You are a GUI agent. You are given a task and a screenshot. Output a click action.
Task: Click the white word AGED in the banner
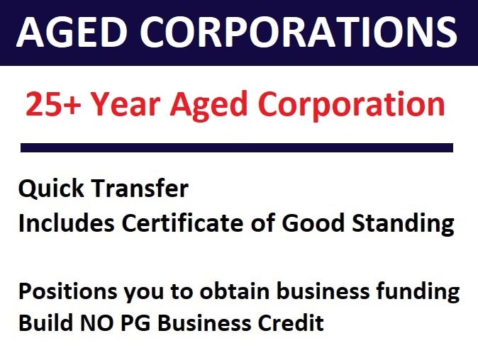coord(72,32)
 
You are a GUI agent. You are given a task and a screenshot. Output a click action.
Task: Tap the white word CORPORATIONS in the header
coord(299,32)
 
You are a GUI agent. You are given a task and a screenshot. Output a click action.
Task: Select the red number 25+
coord(53,104)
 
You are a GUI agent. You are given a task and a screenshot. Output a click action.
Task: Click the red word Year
coord(126,104)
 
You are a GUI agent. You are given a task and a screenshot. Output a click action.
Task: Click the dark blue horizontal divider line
coord(237,147)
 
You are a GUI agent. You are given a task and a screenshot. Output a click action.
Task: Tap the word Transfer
coord(140,189)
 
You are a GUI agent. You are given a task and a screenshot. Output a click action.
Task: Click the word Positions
coord(67,291)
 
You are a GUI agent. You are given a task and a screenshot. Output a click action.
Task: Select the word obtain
coord(235,291)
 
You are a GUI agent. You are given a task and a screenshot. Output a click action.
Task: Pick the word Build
coord(45,322)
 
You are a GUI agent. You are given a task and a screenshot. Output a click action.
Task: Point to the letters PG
coord(135,323)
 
